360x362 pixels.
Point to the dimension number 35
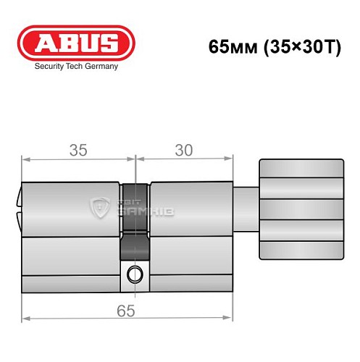[78, 150]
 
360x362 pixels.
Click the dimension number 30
[184, 150]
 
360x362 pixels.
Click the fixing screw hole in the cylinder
[134, 274]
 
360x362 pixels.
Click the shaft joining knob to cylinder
[246, 207]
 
